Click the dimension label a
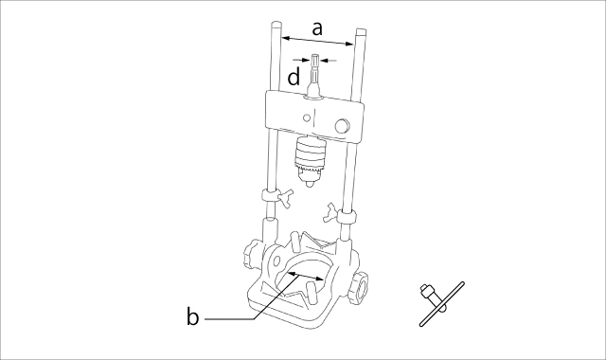pyautogui.click(x=317, y=29)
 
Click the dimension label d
pyautogui.click(x=294, y=77)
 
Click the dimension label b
pyautogui.click(x=192, y=316)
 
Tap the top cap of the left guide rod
pyautogui.click(x=276, y=25)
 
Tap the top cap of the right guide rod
pyautogui.click(x=362, y=31)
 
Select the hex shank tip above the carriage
pyautogui.click(x=314, y=61)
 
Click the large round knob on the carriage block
pyautogui.click(x=343, y=125)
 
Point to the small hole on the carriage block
pyautogui.click(x=307, y=117)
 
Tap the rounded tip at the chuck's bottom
pyautogui.click(x=308, y=184)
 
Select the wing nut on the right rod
pyautogui.click(x=330, y=213)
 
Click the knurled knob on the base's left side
pyautogui.click(x=252, y=254)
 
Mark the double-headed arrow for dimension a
pyautogui.click(x=317, y=41)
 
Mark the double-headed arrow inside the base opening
pyautogui.click(x=306, y=276)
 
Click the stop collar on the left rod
pyautogui.click(x=270, y=195)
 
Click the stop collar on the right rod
pyautogui.click(x=347, y=216)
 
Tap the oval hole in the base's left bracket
pyautogui.click(x=277, y=261)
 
